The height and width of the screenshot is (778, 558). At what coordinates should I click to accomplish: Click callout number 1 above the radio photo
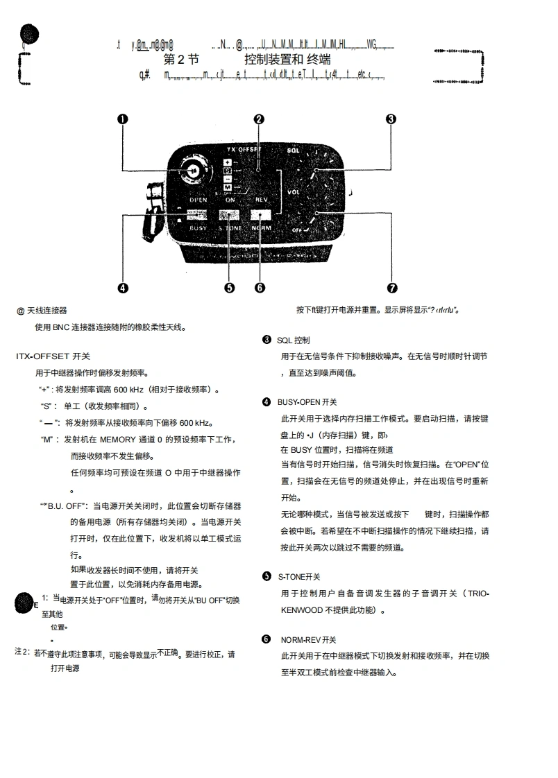(122, 119)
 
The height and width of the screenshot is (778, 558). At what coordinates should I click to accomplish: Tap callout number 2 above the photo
(259, 119)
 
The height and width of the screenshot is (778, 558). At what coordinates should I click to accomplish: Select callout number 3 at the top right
(391, 119)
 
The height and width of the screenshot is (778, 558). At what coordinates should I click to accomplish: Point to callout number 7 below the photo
(391, 288)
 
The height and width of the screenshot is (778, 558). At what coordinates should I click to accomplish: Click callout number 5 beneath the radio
(230, 288)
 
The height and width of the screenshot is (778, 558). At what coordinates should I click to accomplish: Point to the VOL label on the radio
(293, 192)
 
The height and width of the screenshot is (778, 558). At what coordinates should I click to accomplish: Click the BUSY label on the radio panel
(198, 227)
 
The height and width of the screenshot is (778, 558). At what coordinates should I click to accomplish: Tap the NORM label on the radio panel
(261, 227)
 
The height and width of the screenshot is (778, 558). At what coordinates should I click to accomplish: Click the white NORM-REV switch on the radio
(261, 214)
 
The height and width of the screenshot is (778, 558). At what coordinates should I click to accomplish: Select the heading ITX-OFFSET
(53, 356)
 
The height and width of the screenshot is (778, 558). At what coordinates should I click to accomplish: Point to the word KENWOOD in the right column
(302, 610)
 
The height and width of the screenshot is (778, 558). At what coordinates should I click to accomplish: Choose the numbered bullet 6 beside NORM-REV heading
(267, 639)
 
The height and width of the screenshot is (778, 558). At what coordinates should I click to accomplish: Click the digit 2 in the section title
(180, 60)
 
